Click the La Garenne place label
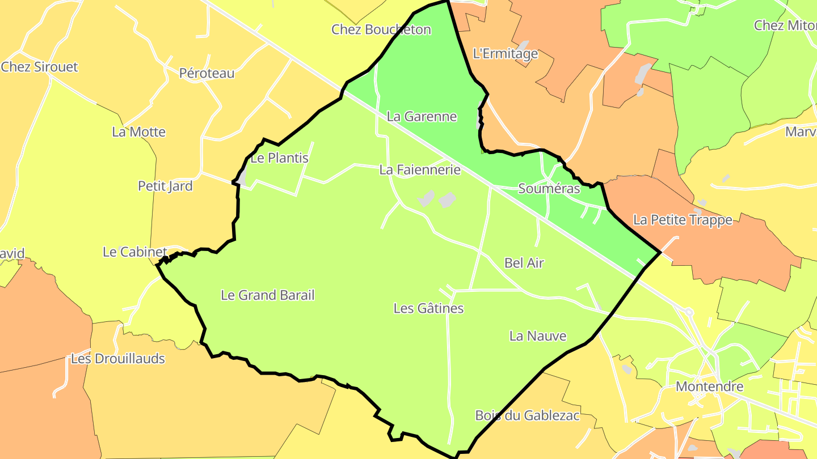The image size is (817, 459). point(422,117)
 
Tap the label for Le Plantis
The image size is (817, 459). point(279,158)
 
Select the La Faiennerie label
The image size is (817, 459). point(420,169)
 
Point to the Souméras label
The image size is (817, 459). point(549,189)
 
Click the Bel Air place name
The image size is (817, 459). point(524,263)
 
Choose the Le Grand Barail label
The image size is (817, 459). point(267,295)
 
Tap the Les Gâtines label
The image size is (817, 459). point(428,308)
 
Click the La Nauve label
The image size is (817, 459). point(538,336)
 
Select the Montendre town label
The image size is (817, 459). point(710,387)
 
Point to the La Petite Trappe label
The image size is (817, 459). point(683,220)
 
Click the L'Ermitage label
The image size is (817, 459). point(505,54)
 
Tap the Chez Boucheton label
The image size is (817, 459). point(381,29)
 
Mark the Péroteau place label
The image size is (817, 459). point(207,73)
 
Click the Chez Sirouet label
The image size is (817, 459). point(40,67)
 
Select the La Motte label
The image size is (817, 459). point(139,132)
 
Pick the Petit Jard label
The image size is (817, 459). point(165,186)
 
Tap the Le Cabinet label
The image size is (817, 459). point(135,252)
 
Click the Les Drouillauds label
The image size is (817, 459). point(118,359)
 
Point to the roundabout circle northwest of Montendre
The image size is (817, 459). point(689,312)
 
